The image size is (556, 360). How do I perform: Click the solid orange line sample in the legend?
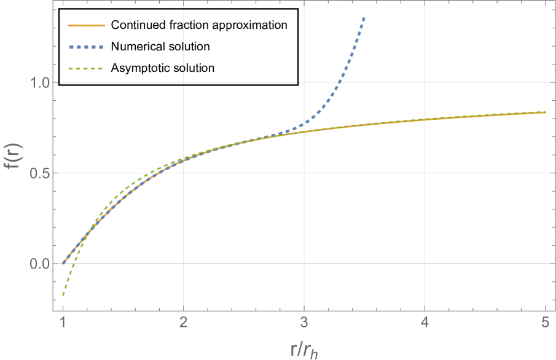click(87, 26)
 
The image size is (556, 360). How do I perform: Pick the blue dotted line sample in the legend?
click(87, 47)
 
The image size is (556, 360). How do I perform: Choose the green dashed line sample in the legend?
click(87, 69)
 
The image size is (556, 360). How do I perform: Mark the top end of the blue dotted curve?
click(364, 18)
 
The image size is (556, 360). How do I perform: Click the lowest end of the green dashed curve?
click(63, 295)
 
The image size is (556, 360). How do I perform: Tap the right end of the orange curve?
click(545, 112)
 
